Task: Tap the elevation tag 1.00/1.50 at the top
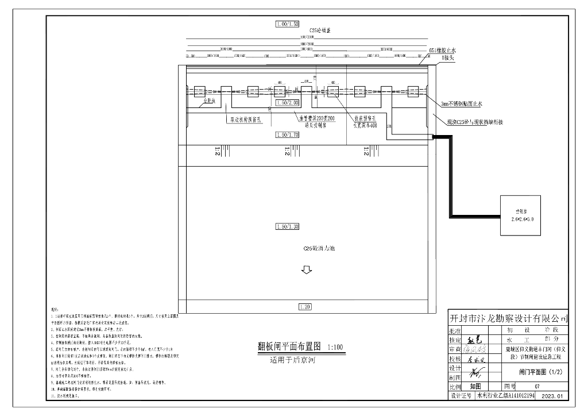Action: [287, 24]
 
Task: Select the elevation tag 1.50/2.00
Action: [287, 102]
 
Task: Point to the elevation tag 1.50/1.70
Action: [287, 134]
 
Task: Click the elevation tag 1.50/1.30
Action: [287, 227]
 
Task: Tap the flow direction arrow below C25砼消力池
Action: [307, 269]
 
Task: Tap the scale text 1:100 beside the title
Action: [335, 348]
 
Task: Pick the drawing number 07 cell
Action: [536, 387]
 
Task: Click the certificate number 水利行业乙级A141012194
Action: [505, 396]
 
